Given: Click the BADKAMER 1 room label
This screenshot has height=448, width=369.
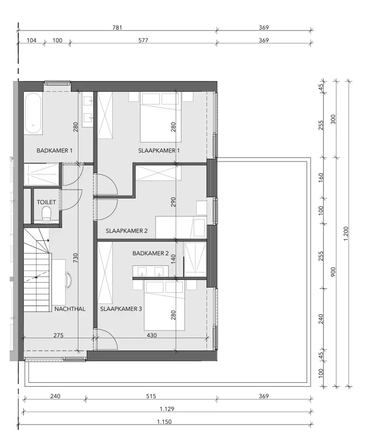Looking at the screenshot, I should point(54,150).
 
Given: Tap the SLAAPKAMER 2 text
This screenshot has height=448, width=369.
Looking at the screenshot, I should point(126,231).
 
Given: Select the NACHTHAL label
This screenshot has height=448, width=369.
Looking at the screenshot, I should point(70,309).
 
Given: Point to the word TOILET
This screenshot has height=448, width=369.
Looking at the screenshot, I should point(46,202).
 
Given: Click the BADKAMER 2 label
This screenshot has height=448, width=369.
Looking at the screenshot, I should point(150,253).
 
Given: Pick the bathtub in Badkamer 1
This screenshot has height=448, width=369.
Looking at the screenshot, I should point(33,113).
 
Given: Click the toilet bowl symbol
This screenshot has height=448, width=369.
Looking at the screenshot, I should point(47,214).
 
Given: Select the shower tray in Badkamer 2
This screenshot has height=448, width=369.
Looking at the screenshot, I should point(195,259).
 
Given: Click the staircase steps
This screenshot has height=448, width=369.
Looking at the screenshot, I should point(37,276).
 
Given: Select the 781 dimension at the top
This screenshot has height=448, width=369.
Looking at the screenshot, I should point(117,28).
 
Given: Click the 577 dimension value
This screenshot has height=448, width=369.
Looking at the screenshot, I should point(143,40).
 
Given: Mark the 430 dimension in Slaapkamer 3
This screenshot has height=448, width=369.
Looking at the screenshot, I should point(151,335).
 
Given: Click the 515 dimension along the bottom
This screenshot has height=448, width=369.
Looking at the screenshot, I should point(151,396).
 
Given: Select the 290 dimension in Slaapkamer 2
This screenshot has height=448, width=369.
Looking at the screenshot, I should point(173,202).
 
